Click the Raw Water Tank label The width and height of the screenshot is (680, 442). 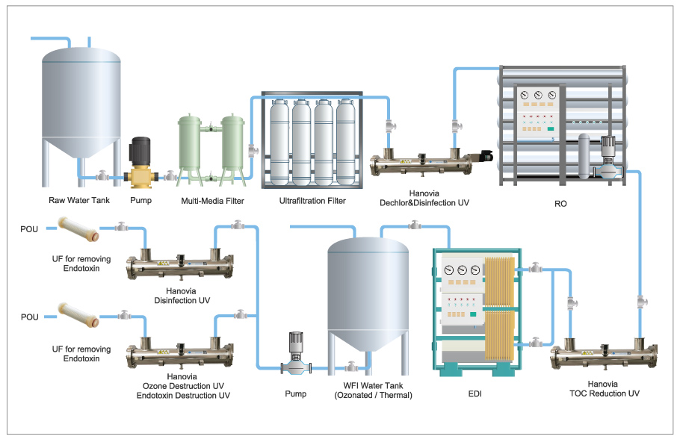79,201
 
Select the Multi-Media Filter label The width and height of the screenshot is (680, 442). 212,201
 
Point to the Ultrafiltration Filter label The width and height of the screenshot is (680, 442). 312,201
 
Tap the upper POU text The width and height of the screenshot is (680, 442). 29,228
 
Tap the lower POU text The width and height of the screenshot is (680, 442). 29,317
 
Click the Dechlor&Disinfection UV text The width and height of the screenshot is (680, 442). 424,202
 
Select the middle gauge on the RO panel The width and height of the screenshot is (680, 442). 538,95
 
